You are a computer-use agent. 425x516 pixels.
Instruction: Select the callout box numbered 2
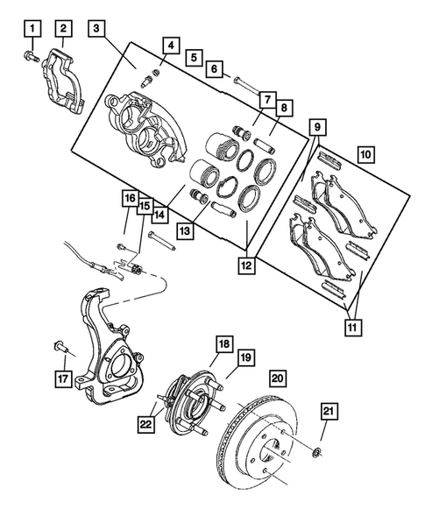tap(62, 32)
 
